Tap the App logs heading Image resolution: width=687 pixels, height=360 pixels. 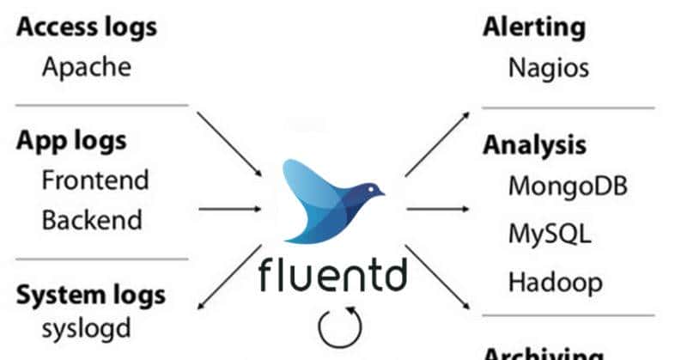coord(71,140)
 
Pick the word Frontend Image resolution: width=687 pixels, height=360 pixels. coord(95,180)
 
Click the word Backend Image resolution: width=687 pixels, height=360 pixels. coord(93,219)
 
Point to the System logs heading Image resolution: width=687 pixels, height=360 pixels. coord(92,296)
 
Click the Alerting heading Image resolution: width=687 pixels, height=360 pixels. coord(533,27)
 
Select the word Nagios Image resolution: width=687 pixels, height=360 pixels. coord(549,67)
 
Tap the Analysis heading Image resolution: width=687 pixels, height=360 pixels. coord(533,144)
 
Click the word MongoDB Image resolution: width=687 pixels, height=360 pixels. coord(568,185)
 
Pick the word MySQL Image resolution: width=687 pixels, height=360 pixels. coord(550,233)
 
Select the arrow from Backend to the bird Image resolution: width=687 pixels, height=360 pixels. coord(229,207)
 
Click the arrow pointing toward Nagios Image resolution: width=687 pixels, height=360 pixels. coord(436,143)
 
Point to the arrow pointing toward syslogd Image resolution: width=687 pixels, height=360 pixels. coord(228,278)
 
